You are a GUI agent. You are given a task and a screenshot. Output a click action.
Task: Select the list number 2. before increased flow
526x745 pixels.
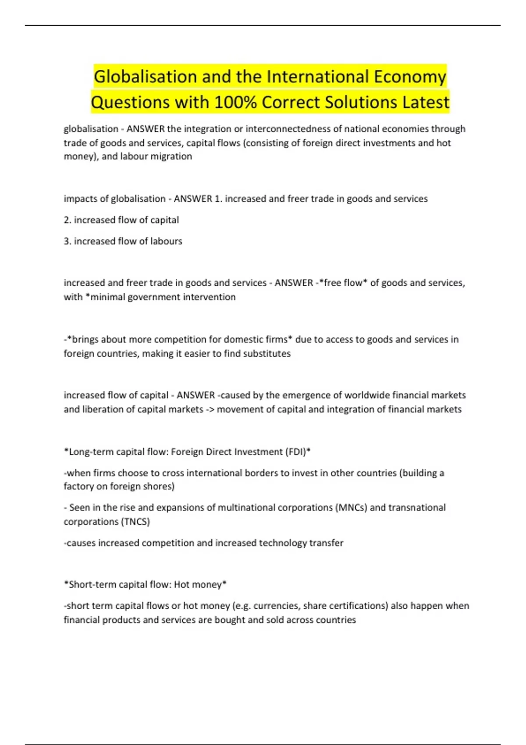coord(68,220)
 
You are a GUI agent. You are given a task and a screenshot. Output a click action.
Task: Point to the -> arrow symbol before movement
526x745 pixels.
coord(210,409)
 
